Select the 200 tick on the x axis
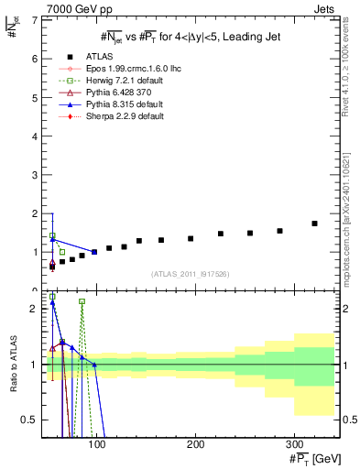click(x=195, y=443)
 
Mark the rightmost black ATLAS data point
click(x=314, y=224)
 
